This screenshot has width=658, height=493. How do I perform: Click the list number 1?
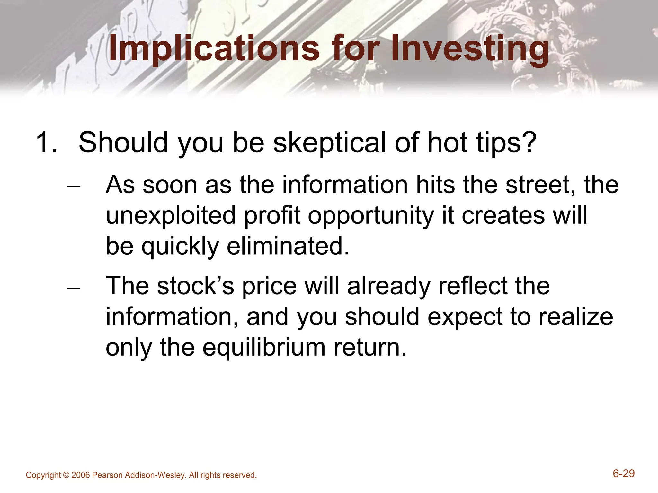coord(47,142)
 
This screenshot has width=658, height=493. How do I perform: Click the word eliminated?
coord(288,246)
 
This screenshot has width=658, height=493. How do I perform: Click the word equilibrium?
coord(263,348)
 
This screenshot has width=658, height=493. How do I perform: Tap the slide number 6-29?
coord(624,473)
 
